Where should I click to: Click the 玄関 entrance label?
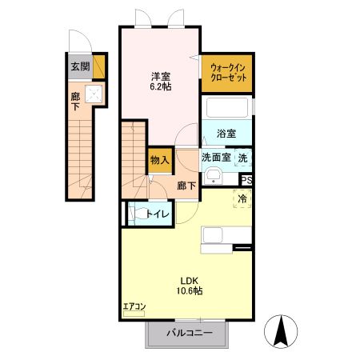(79, 66)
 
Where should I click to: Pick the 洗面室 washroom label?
(216, 158)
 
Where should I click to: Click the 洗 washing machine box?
(244, 158)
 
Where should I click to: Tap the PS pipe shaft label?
(246, 180)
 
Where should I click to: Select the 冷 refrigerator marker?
(242, 198)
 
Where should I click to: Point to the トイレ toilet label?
(155, 214)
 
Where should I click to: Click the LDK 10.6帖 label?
(190, 286)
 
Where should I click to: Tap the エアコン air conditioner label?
(134, 306)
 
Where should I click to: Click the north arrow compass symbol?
(281, 331)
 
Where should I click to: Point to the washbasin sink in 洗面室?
(212, 176)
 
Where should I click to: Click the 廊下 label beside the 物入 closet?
(186, 184)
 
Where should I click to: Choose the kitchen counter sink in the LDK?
(214, 234)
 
